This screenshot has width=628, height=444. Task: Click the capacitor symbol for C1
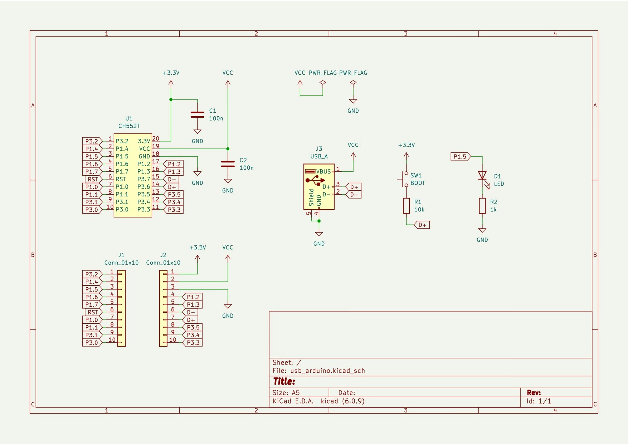tap(197, 114)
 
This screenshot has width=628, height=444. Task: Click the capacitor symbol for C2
tap(228, 164)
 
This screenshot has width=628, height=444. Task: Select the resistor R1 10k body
tap(406, 206)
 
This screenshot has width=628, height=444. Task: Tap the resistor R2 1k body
tap(482, 206)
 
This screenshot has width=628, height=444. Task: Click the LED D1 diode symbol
tap(482, 176)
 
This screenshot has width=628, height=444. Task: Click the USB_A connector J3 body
tap(318, 187)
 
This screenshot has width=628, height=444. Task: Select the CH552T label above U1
tap(129, 126)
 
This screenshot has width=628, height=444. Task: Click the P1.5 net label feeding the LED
tap(460, 156)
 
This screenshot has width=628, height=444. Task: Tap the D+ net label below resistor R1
tap(422, 225)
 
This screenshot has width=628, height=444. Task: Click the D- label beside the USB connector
tap(354, 195)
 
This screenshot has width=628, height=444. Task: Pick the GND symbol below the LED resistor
tap(482, 231)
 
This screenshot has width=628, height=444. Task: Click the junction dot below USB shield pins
tap(319, 221)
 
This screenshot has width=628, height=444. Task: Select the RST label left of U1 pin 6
tap(93, 179)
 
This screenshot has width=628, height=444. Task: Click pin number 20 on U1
tap(156, 138)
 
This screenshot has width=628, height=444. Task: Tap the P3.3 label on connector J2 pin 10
tap(193, 342)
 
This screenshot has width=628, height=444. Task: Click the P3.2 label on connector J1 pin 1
tap(92, 274)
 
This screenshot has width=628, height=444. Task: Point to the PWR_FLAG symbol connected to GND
tap(353, 83)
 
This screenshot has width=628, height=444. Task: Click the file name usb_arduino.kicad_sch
tap(327, 371)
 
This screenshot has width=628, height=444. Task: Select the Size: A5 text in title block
tap(286, 392)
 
